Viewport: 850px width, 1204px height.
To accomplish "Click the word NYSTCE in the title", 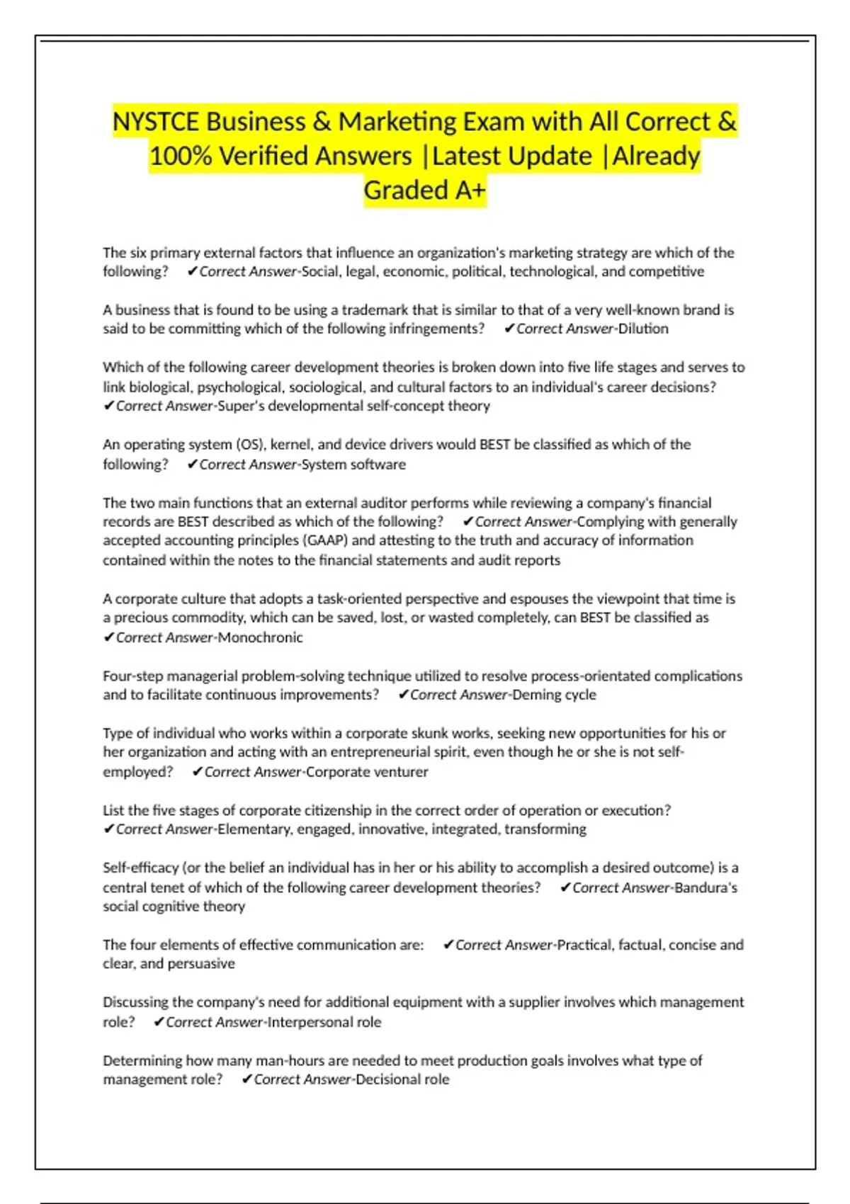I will pyautogui.click(x=156, y=122).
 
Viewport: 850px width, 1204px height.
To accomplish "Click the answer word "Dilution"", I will pyautogui.click(x=643, y=329).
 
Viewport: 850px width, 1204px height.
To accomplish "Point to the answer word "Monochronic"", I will pyautogui.click(x=260, y=637).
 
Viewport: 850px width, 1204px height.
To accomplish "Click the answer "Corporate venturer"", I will pyautogui.click(x=367, y=772).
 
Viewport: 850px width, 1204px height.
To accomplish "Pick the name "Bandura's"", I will pyautogui.click(x=705, y=887).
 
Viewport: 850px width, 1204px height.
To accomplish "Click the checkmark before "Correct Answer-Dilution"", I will pyautogui.click(x=509, y=329).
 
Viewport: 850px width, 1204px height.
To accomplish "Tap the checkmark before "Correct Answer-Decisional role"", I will pyautogui.click(x=246, y=1079).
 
